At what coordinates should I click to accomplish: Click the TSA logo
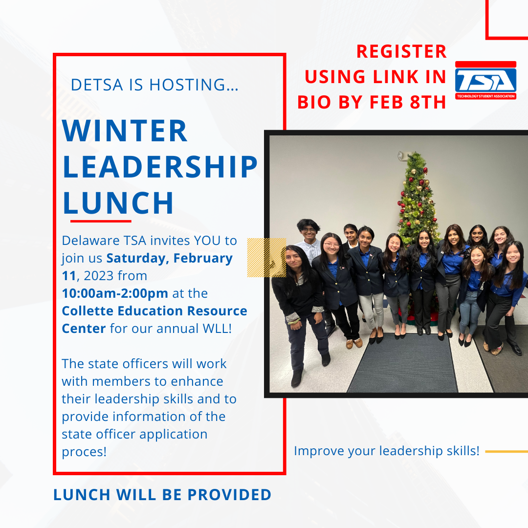[x=485, y=81]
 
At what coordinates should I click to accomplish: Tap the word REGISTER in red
[x=401, y=51]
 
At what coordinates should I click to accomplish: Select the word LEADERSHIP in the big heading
[x=160, y=167]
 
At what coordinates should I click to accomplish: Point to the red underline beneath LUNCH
[x=101, y=221]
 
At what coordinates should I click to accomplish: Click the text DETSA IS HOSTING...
[x=154, y=85]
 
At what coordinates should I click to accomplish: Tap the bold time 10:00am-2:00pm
[x=115, y=293]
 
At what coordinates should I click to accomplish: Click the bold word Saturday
[x=138, y=258]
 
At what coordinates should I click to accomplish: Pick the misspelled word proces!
[x=84, y=452]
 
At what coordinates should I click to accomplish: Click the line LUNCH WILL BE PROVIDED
[x=162, y=495]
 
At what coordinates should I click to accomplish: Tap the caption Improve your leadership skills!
[x=387, y=451]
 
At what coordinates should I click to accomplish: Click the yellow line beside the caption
[x=506, y=452]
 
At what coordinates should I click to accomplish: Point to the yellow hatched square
[x=266, y=258]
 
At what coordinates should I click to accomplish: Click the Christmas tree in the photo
[x=417, y=198]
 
